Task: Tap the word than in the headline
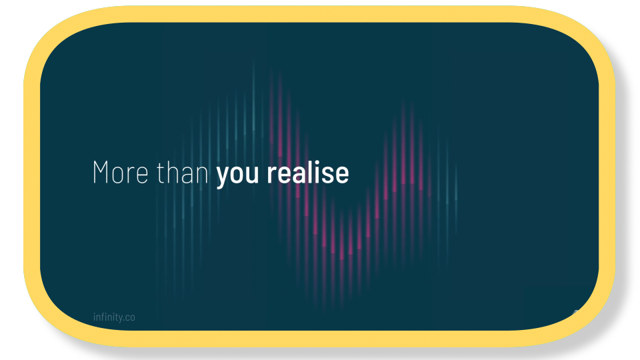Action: click(183, 173)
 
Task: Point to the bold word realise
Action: click(308, 173)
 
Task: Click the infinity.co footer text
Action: click(114, 317)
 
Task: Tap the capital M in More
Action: click(101, 173)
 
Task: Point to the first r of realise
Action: click(271, 175)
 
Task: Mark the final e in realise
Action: click(342, 175)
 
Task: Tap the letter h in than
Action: click(173, 172)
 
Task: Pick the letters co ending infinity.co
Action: click(130, 318)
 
